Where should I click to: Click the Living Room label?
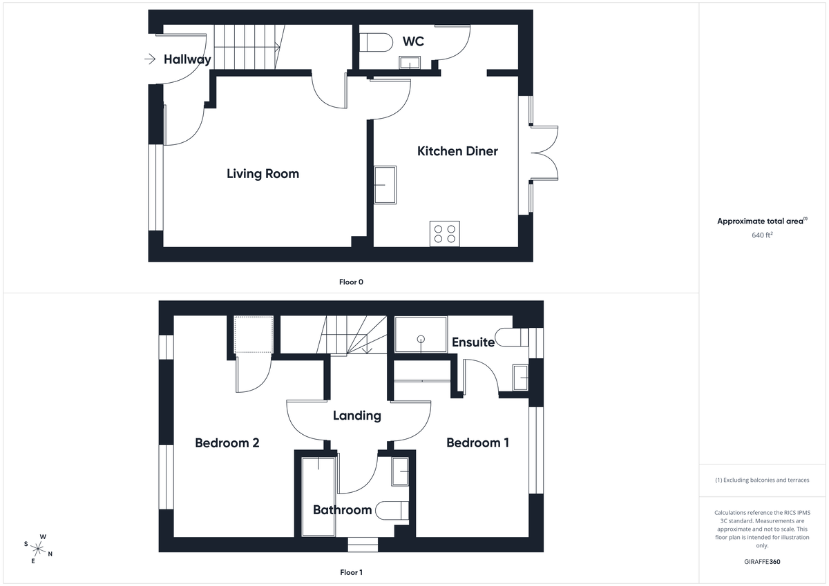point(263,173)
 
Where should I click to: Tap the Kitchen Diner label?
point(457,151)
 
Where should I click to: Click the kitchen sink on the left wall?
point(385,184)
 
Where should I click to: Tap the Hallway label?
point(187,59)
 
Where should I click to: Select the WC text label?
point(413,42)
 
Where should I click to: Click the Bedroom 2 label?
point(227,442)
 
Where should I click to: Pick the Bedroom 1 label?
point(477,442)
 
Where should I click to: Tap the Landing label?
point(356,416)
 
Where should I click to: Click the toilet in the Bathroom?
point(396,509)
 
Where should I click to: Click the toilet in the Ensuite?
point(517,338)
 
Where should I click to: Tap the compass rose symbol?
point(38,549)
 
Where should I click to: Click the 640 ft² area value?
point(762,235)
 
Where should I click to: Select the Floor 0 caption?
point(351,282)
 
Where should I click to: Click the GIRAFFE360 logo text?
point(762,562)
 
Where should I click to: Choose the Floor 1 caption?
point(351,572)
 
